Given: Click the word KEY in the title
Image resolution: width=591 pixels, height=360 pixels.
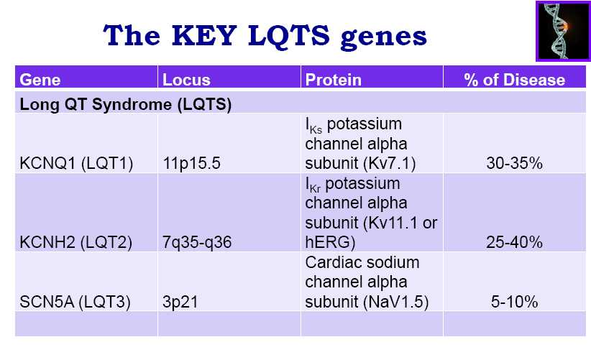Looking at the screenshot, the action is [x=204, y=35].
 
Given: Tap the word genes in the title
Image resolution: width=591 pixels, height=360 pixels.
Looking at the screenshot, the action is [x=384, y=37].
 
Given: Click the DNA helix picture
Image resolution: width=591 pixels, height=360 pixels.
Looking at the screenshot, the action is [x=563, y=31].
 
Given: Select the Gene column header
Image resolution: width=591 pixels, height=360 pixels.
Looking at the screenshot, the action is [x=40, y=80].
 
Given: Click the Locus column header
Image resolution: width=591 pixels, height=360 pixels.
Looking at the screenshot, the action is [x=186, y=80].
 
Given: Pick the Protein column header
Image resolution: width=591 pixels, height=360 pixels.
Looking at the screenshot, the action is [x=333, y=80].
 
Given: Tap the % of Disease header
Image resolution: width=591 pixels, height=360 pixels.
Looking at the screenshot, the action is [x=515, y=80].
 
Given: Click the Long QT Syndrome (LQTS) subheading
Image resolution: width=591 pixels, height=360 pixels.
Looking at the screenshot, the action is [x=126, y=104].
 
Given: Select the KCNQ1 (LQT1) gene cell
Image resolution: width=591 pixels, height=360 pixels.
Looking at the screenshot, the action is [x=76, y=163].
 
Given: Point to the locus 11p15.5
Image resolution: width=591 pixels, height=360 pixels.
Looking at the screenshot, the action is [x=191, y=163].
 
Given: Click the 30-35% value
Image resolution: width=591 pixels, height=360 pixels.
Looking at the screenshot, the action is [x=515, y=163].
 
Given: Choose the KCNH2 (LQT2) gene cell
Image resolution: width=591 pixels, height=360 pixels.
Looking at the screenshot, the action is [x=75, y=242].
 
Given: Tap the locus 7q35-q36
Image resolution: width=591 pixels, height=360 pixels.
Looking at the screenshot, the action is [x=197, y=242].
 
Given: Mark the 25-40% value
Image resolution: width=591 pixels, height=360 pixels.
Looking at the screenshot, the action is [x=515, y=241].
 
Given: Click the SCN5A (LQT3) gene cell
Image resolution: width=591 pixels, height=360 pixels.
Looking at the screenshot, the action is [x=75, y=302].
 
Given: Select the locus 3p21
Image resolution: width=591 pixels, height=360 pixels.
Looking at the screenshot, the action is [x=180, y=302].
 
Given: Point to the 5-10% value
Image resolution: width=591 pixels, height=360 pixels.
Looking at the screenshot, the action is [x=515, y=302].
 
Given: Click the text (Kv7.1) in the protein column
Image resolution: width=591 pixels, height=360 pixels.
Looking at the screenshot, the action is [x=390, y=163].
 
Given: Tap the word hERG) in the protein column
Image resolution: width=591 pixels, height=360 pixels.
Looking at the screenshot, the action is [x=330, y=242].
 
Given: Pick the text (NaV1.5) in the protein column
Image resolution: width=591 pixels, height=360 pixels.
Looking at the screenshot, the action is [x=396, y=302].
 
